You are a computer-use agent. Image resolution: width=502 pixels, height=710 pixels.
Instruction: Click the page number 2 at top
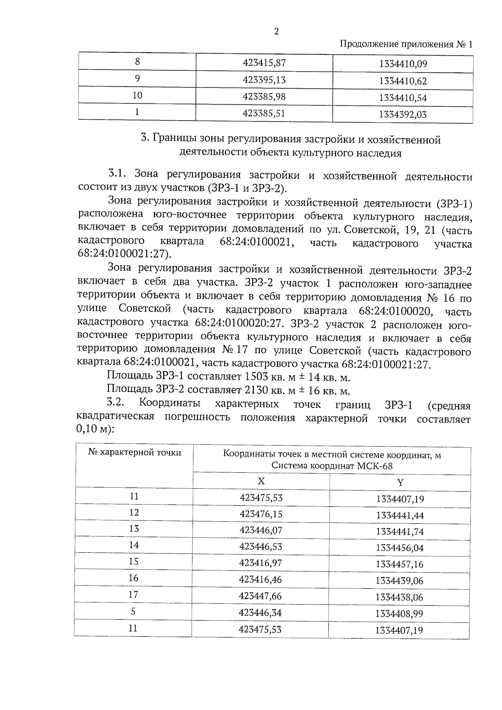click(276, 32)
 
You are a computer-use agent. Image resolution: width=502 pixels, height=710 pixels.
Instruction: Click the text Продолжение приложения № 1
click(405, 44)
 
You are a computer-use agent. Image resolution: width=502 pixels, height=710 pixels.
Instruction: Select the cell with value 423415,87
click(264, 63)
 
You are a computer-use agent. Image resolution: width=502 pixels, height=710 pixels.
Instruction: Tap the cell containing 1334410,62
click(403, 81)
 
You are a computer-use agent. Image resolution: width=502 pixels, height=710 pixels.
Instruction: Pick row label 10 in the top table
click(137, 95)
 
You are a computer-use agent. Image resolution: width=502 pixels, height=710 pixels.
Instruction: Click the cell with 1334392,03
click(403, 114)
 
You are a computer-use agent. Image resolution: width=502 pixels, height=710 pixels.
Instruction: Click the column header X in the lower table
click(261, 481)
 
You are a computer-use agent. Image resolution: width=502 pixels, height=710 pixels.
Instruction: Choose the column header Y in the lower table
click(400, 482)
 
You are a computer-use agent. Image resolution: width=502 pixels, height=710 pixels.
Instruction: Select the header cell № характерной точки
click(135, 452)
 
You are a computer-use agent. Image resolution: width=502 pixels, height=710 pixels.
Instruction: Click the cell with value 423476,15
click(261, 513)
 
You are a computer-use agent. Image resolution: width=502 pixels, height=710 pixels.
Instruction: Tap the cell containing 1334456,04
click(400, 548)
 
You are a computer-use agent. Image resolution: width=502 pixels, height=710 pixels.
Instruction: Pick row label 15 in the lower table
click(133, 561)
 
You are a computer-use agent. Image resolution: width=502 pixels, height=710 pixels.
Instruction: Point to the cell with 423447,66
click(260, 596)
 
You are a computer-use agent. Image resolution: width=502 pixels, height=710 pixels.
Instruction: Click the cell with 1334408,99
click(399, 614)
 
